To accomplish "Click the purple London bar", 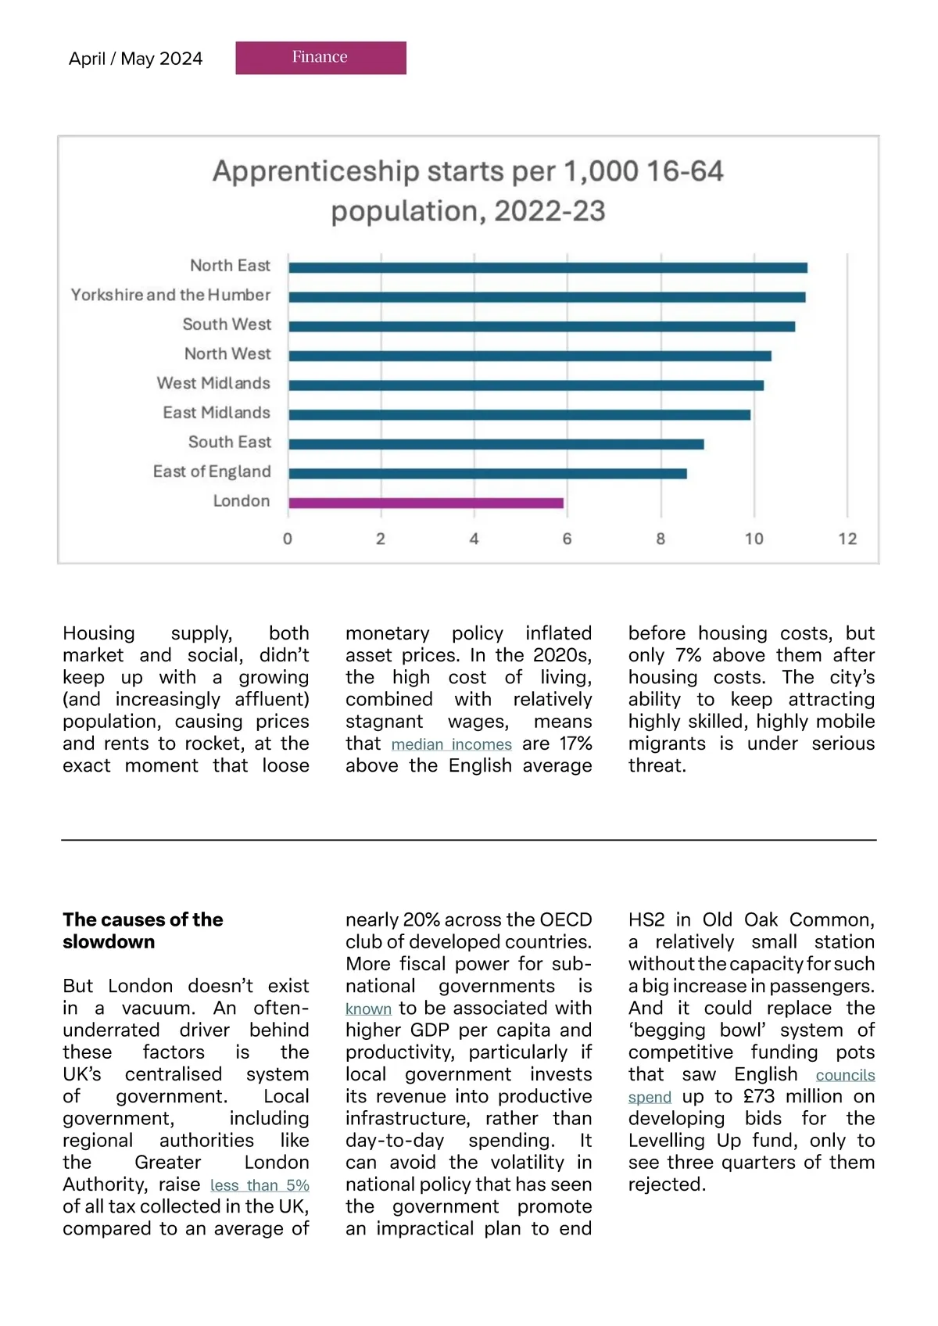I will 426,503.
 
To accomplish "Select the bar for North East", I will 547,267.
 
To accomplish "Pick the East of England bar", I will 487,473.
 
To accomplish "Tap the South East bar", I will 496,444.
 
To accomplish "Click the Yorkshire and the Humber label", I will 170,295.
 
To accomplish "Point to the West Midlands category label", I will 213,383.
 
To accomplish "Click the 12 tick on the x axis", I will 847,539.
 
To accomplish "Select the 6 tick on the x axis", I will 567,539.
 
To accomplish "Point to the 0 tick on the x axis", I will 288,539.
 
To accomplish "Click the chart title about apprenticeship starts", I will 468,191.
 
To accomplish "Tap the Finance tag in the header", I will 320,57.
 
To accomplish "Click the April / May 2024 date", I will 135,59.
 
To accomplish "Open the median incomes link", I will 451,744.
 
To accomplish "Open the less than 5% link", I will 260,1185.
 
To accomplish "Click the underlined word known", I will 368,1009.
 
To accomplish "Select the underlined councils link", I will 845,1075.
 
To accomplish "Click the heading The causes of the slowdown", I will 143,930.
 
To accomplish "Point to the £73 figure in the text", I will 758,1096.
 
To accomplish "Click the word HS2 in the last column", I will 646,919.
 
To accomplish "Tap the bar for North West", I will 529,356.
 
